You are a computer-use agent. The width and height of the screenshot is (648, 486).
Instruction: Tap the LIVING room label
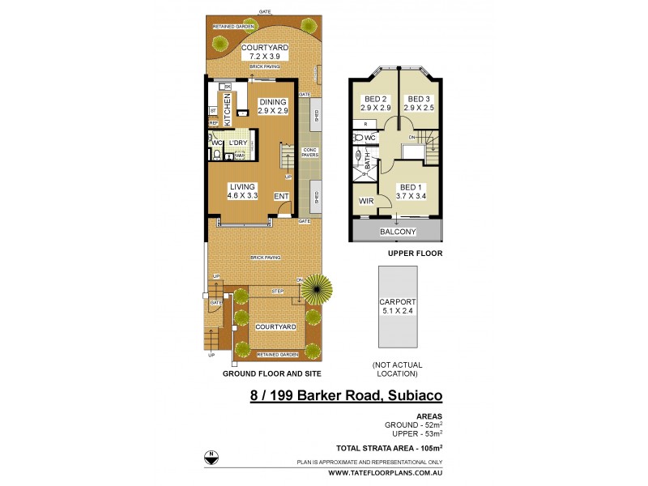click(242, 186)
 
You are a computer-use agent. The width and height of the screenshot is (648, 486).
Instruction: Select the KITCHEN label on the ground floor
click(228, 109)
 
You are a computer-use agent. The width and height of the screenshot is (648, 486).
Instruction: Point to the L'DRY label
click(237, 143)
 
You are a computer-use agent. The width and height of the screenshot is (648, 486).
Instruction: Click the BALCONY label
click(398, 232)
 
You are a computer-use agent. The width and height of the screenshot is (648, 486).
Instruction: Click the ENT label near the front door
click(281, 196)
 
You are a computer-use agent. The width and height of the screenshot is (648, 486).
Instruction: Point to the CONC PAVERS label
click(309, 152)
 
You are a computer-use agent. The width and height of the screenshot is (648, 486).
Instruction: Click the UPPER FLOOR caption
click(398, 253)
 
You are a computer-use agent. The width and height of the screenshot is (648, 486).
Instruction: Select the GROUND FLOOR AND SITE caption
click(272, 373)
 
